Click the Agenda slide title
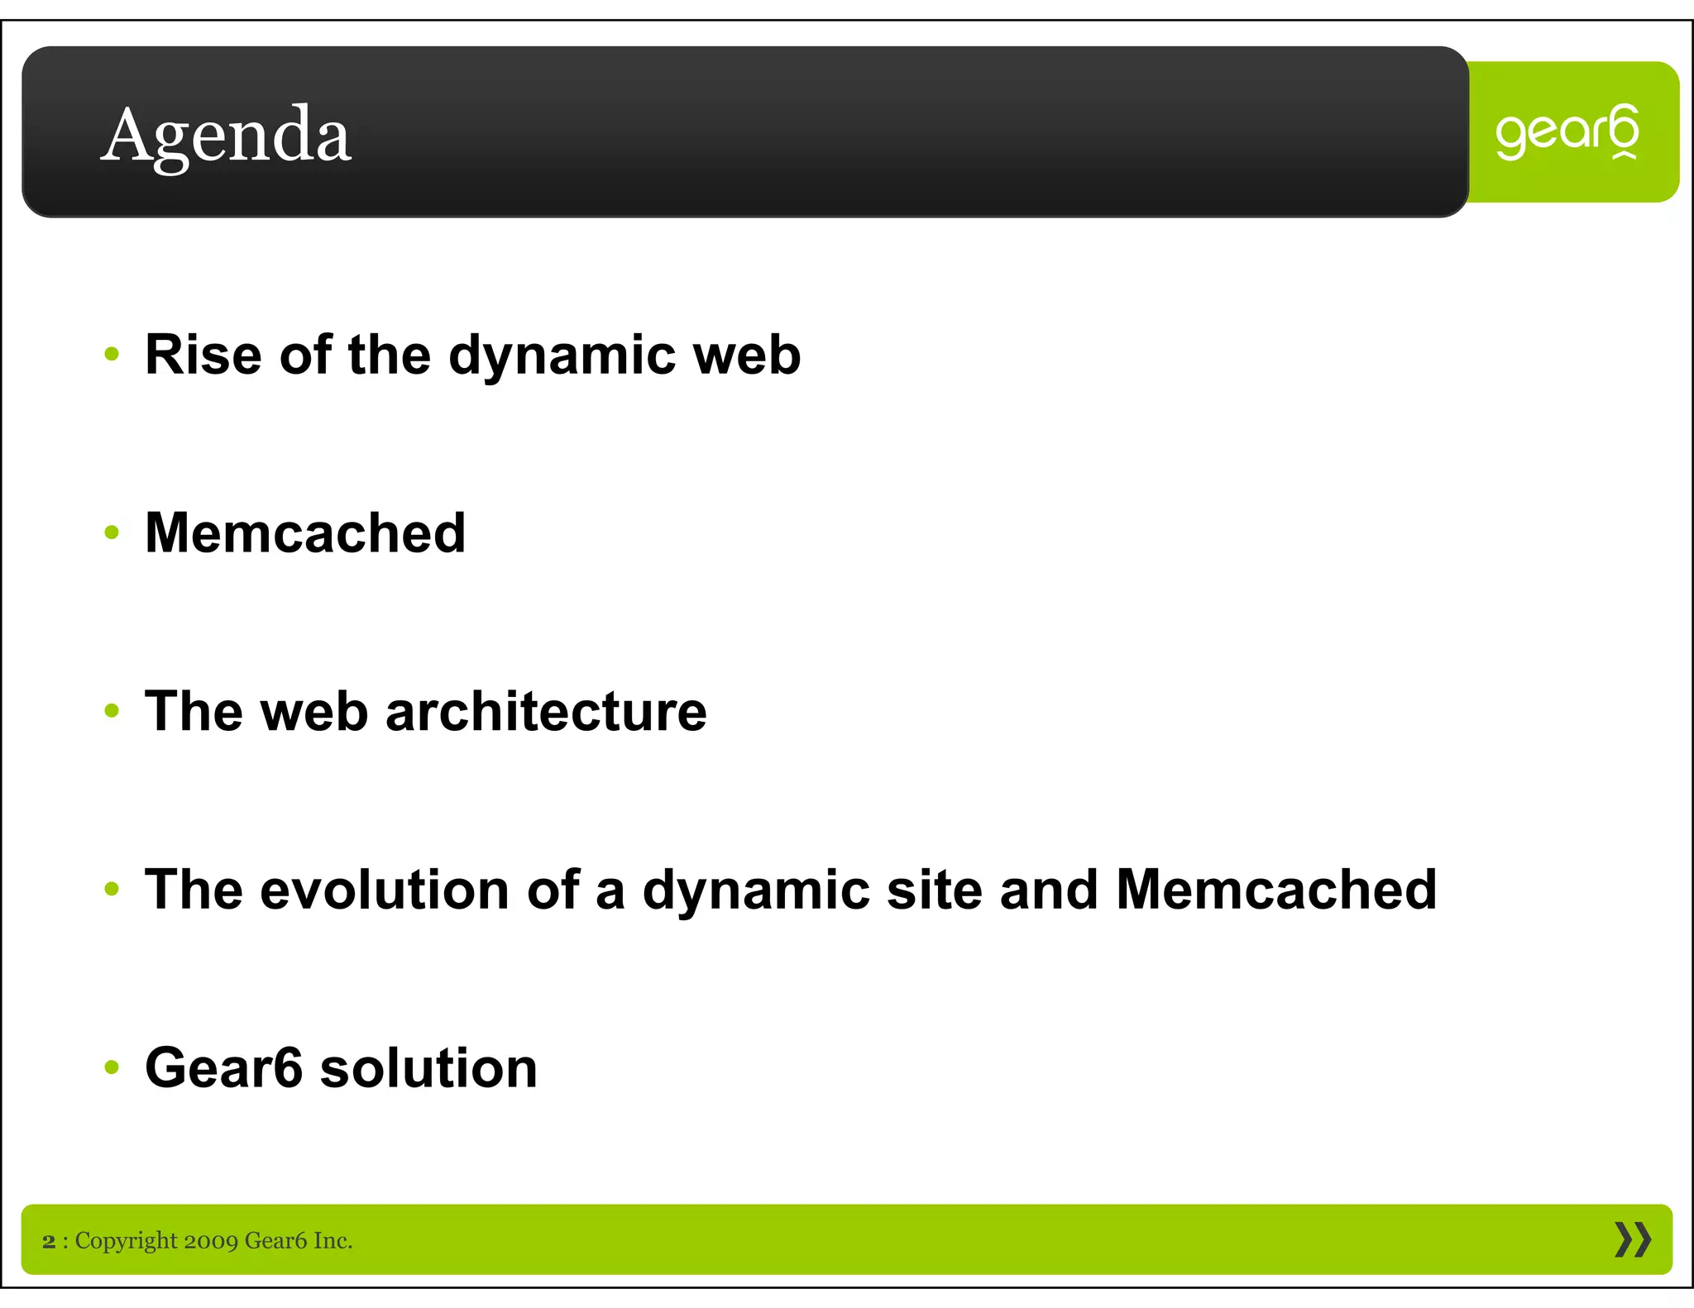[226, 136]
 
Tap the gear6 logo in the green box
[1567, 132]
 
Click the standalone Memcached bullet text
[305, 532]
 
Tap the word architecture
[546, 711]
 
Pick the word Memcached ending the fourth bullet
[1276, 890]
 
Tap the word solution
[428, 1067]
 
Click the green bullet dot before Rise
[112, 355]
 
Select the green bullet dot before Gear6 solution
[112, 1067]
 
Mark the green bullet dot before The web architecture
[112, 711]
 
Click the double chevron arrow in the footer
[1632, 1240]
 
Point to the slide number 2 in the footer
[49, 1241]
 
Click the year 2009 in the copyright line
[211, 1241]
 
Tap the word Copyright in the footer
[126, 1241]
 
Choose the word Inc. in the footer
[333, 1241]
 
